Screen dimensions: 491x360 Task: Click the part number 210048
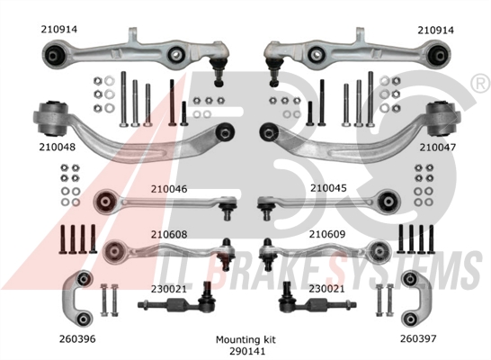(x=58, y=147)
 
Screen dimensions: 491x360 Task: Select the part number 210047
(x=438, y=148)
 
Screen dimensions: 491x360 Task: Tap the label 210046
(x=169, y=189)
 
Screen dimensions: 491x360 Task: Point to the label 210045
(x=328, y=188)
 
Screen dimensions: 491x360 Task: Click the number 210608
(x=169, y=234)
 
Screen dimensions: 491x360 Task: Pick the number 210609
(x=327, y=234)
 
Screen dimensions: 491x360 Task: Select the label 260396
(x=77, y=338)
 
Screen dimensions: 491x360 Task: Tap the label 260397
(x=418, y=338)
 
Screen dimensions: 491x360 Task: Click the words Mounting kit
(x=245, y=340)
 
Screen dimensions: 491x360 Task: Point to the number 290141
(x=247, y=351)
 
